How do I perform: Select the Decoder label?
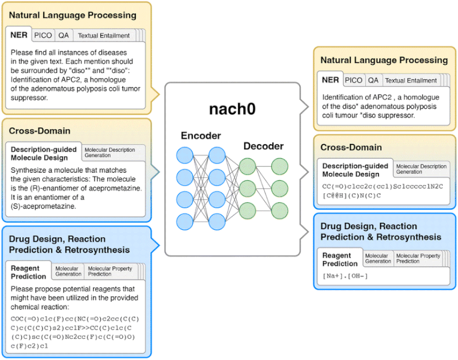(x=263, y=146)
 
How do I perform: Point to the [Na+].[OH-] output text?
(x=345, y=275)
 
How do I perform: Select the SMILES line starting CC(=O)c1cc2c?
(x=382, y=186)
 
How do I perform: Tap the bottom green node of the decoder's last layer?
(x=279, y=210)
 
